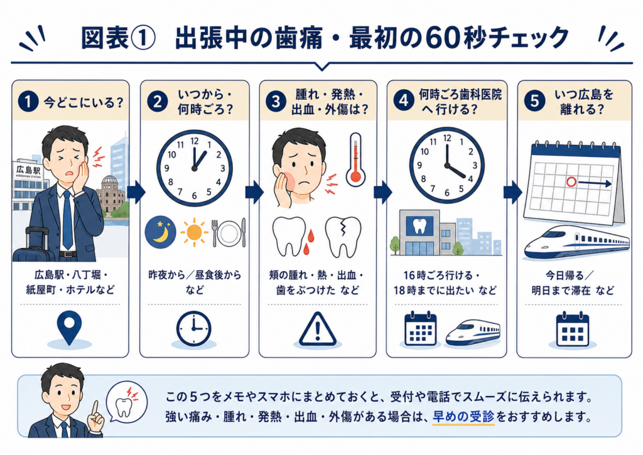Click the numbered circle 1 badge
click(28, 101)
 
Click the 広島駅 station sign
click(28, 170)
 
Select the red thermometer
click(355, 159)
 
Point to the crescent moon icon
click(160, 232)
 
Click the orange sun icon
click(194, 232)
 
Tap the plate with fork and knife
click(229, 233)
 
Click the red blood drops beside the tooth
click(308, 242)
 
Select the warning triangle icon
click(317, 329)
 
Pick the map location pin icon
click(69, 328)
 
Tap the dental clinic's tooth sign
click(419, 226)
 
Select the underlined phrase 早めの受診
click(463, 417)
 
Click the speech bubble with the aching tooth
click(126, 402)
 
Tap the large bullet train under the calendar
click(576, 242)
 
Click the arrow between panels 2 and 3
click(254, 192)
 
